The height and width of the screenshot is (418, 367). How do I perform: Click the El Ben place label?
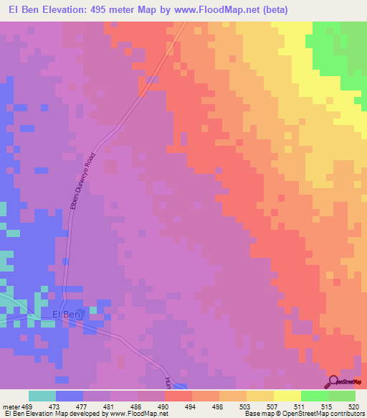(x=67, y=315)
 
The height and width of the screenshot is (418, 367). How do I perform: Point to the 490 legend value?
(x=163, y=406)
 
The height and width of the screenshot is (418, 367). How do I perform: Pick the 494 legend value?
(x=191, y=406)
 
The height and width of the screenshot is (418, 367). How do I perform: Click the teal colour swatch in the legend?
(x=42, y=396)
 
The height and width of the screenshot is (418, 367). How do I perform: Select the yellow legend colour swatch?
(x=287, y=396)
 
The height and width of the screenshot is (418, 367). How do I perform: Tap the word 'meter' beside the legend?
(x=11, y=406)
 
